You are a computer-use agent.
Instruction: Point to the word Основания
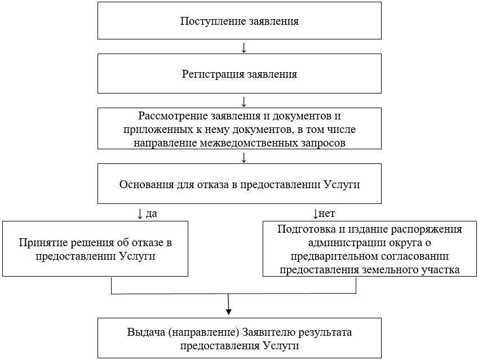pyautogui.click(x=144, y=184)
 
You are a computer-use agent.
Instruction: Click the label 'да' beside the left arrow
pyautogui.click(x=151, y=214)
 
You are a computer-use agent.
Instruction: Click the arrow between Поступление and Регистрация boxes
pyautogui.click(x=244, y=48)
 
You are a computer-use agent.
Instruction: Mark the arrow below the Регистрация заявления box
pyautogui.click(x=244, y=101)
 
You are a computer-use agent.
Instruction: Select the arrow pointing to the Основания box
pyautogui.click(x=244, y=157)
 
